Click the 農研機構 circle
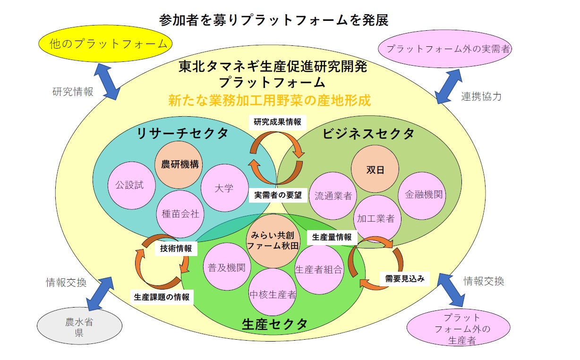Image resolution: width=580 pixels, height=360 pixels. tap(179, 164)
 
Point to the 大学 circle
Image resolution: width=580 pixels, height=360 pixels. tap(224, 188)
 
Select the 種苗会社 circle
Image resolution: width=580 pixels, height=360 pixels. tap(180, 214)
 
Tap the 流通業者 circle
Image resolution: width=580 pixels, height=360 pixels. tap(333, 196)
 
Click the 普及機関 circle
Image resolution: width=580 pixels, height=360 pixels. tap(226, 267)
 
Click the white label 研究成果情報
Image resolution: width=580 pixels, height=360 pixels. tap(277, 122)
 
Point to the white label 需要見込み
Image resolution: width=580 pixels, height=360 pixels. tap(404, 278)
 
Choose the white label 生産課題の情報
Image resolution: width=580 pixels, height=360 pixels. tap(162, 297)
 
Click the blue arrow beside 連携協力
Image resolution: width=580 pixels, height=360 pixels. tap(448, 86)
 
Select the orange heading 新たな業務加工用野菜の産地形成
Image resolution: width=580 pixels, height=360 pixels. tap(269, 100)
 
